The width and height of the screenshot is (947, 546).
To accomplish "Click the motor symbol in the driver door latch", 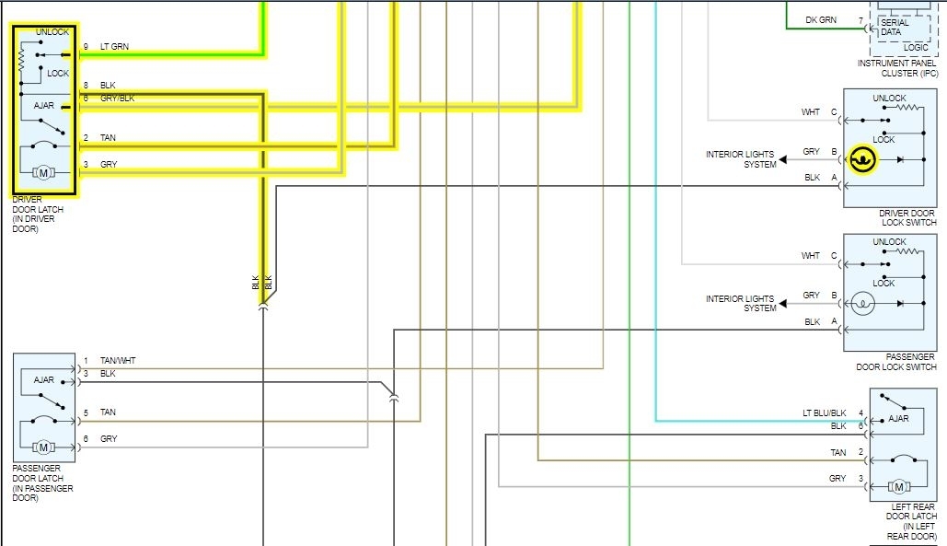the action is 43,172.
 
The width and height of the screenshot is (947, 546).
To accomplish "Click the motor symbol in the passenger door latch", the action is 43,447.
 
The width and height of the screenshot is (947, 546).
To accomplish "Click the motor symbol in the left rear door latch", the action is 898,486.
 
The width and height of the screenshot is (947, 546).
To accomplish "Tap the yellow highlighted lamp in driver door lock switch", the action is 862,159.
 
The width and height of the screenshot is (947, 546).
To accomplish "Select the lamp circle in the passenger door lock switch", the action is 862,303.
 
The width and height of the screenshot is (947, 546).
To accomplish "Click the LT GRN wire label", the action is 114,47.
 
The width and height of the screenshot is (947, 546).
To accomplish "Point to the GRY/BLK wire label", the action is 117,98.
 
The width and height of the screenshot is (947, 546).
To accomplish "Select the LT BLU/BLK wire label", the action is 824,413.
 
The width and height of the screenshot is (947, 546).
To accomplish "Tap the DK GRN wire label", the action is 821,20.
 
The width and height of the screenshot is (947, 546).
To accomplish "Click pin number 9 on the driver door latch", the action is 86,47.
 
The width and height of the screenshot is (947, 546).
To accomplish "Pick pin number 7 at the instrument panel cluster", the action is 860,20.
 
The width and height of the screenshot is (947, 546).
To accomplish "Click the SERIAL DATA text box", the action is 894,28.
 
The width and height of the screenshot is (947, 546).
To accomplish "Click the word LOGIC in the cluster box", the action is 917,47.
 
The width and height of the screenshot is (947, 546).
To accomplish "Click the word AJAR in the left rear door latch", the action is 898,419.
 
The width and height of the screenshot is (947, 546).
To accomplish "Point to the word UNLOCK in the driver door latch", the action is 52,32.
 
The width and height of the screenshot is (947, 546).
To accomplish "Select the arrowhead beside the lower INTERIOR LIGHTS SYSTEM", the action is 783,304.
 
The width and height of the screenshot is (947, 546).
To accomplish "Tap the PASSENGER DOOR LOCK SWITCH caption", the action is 895,362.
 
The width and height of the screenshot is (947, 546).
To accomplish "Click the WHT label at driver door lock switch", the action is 810,112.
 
